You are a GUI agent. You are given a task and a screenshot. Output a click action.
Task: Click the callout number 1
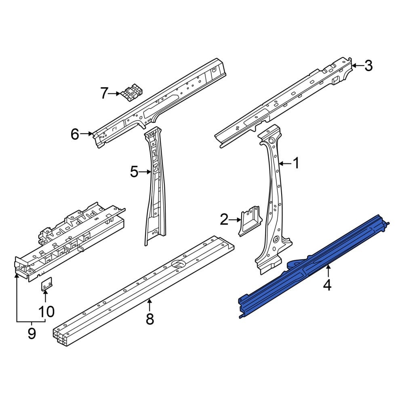(297, 163)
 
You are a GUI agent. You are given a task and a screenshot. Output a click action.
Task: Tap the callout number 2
(224, 219)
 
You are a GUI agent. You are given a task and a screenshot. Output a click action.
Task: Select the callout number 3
(369, 65)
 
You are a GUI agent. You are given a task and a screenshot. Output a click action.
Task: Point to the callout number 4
(327, 285)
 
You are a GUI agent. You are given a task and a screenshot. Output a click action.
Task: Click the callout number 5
(134, 172)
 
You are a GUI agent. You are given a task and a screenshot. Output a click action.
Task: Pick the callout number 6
(75, 134)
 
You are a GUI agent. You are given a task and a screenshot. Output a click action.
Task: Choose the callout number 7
(104, 93)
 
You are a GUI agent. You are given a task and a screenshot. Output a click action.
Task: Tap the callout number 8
(150, 319)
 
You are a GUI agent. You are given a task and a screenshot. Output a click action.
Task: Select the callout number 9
(32, 334)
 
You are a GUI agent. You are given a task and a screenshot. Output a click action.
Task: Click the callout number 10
(46, 311)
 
